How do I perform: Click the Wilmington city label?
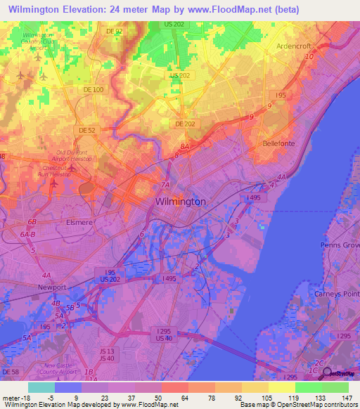coord(180,201)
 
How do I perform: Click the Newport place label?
coord(52,287)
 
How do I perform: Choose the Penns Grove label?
coord(340,245)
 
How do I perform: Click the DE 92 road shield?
coord(114,32)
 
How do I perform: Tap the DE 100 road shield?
coord(93,90)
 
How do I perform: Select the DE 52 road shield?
coord(87,130)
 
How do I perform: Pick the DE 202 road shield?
coord(184,124)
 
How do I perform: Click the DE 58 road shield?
coord(8,370)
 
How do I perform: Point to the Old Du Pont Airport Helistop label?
coord(74,155)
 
